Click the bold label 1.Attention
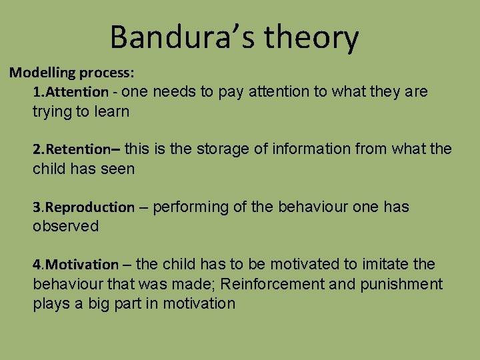pos(71,92)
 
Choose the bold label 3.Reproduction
pos(83,207)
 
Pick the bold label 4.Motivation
pos(75,265)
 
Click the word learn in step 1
pos(111,111)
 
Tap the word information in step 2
pos(311,149)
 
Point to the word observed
pos(65,227)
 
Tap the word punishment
pos(401,285)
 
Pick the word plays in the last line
pos(51,304)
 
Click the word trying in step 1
pos(52,111)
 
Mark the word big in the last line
pos(99,304)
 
